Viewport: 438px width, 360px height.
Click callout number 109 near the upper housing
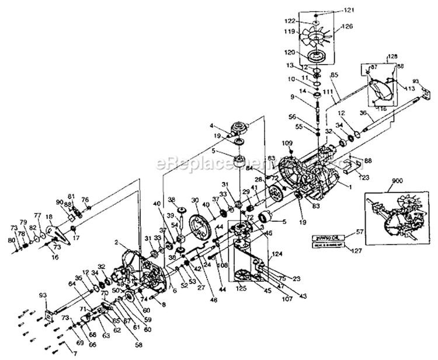pyautogui.click(x=286, y=142)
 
